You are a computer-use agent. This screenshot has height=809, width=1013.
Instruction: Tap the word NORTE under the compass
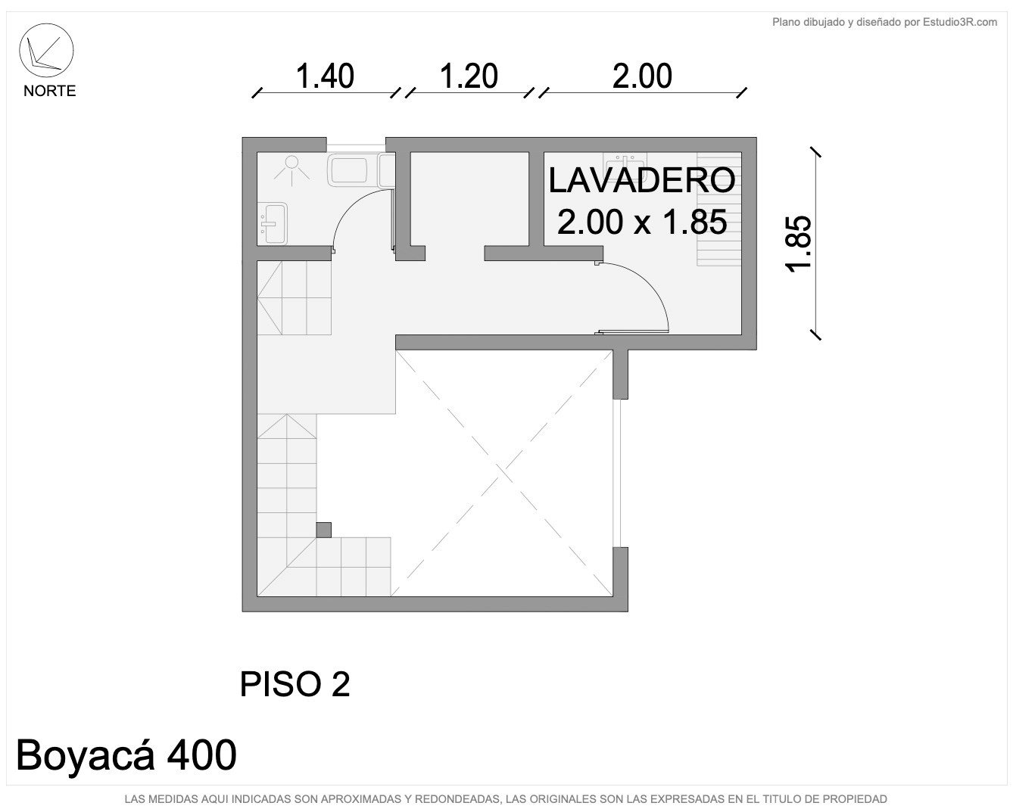[49, 91]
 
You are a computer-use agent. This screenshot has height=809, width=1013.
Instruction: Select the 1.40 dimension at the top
[325, 76]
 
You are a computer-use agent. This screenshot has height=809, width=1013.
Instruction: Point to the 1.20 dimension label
[469, 76]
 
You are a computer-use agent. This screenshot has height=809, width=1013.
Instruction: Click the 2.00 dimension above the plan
[642, 76]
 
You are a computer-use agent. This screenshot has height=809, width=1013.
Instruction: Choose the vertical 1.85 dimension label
[799, 244]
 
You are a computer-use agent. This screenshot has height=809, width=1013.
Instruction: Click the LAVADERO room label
[641, 181]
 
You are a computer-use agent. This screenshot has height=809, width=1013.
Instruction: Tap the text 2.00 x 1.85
[642, 222]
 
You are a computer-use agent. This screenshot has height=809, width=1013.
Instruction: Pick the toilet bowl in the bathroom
[349, 170]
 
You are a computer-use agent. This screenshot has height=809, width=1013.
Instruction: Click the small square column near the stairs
[323, 530]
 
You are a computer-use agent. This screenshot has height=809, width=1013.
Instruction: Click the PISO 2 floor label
[295, 684]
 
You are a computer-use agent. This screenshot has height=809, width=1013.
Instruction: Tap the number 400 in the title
[202, 755]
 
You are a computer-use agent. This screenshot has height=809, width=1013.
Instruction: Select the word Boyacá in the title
[86, 755]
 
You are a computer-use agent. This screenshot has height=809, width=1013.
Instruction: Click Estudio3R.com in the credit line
[960, 22]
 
